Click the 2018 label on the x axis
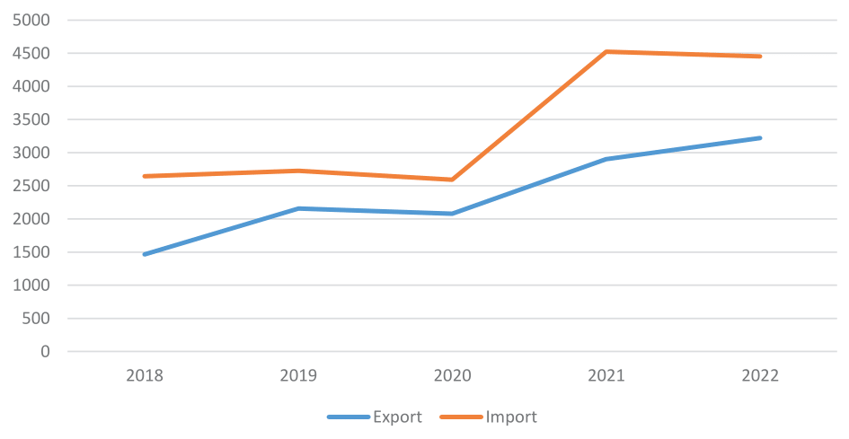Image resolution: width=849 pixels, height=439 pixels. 145,376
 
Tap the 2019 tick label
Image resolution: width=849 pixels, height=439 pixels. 298,376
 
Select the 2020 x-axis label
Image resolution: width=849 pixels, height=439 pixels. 452,376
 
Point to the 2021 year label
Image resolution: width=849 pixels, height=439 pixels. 606,376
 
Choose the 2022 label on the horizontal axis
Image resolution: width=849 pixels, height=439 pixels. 760,376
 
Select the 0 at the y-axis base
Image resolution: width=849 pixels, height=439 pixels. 44,352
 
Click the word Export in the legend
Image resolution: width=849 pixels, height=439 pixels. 398,417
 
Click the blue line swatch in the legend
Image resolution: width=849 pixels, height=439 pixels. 348,417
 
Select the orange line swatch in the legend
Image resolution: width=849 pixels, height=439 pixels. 461,417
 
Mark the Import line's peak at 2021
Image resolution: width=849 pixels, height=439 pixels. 606,51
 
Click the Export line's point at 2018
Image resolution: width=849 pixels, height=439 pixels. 145,254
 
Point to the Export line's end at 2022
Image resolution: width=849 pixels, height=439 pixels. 760,138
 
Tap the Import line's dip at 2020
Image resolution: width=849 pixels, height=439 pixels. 452,180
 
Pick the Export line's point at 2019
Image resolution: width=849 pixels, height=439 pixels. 298,208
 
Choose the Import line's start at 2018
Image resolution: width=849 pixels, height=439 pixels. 145,176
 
